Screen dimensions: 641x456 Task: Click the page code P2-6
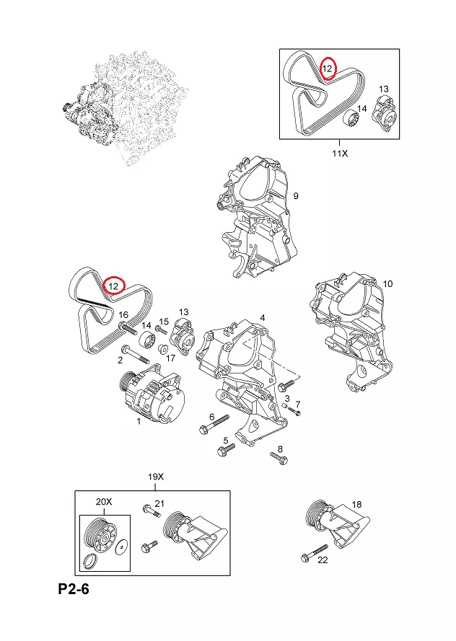point(74,590)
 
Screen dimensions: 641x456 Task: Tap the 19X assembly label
point(156,477)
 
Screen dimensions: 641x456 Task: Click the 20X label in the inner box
point(105,502)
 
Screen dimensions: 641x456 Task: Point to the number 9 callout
point(295,196)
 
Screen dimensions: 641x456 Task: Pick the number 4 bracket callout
point(263,317)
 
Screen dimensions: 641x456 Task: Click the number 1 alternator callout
point(139,421)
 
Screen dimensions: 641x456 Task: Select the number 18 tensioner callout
point(356,504)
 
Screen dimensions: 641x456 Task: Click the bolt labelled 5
point(226,451)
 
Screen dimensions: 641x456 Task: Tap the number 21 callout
point(160,503)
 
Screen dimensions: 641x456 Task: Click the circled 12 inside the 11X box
point(328,68)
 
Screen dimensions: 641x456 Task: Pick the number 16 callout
point(123,315)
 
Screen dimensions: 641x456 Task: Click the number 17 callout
point(171,358)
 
